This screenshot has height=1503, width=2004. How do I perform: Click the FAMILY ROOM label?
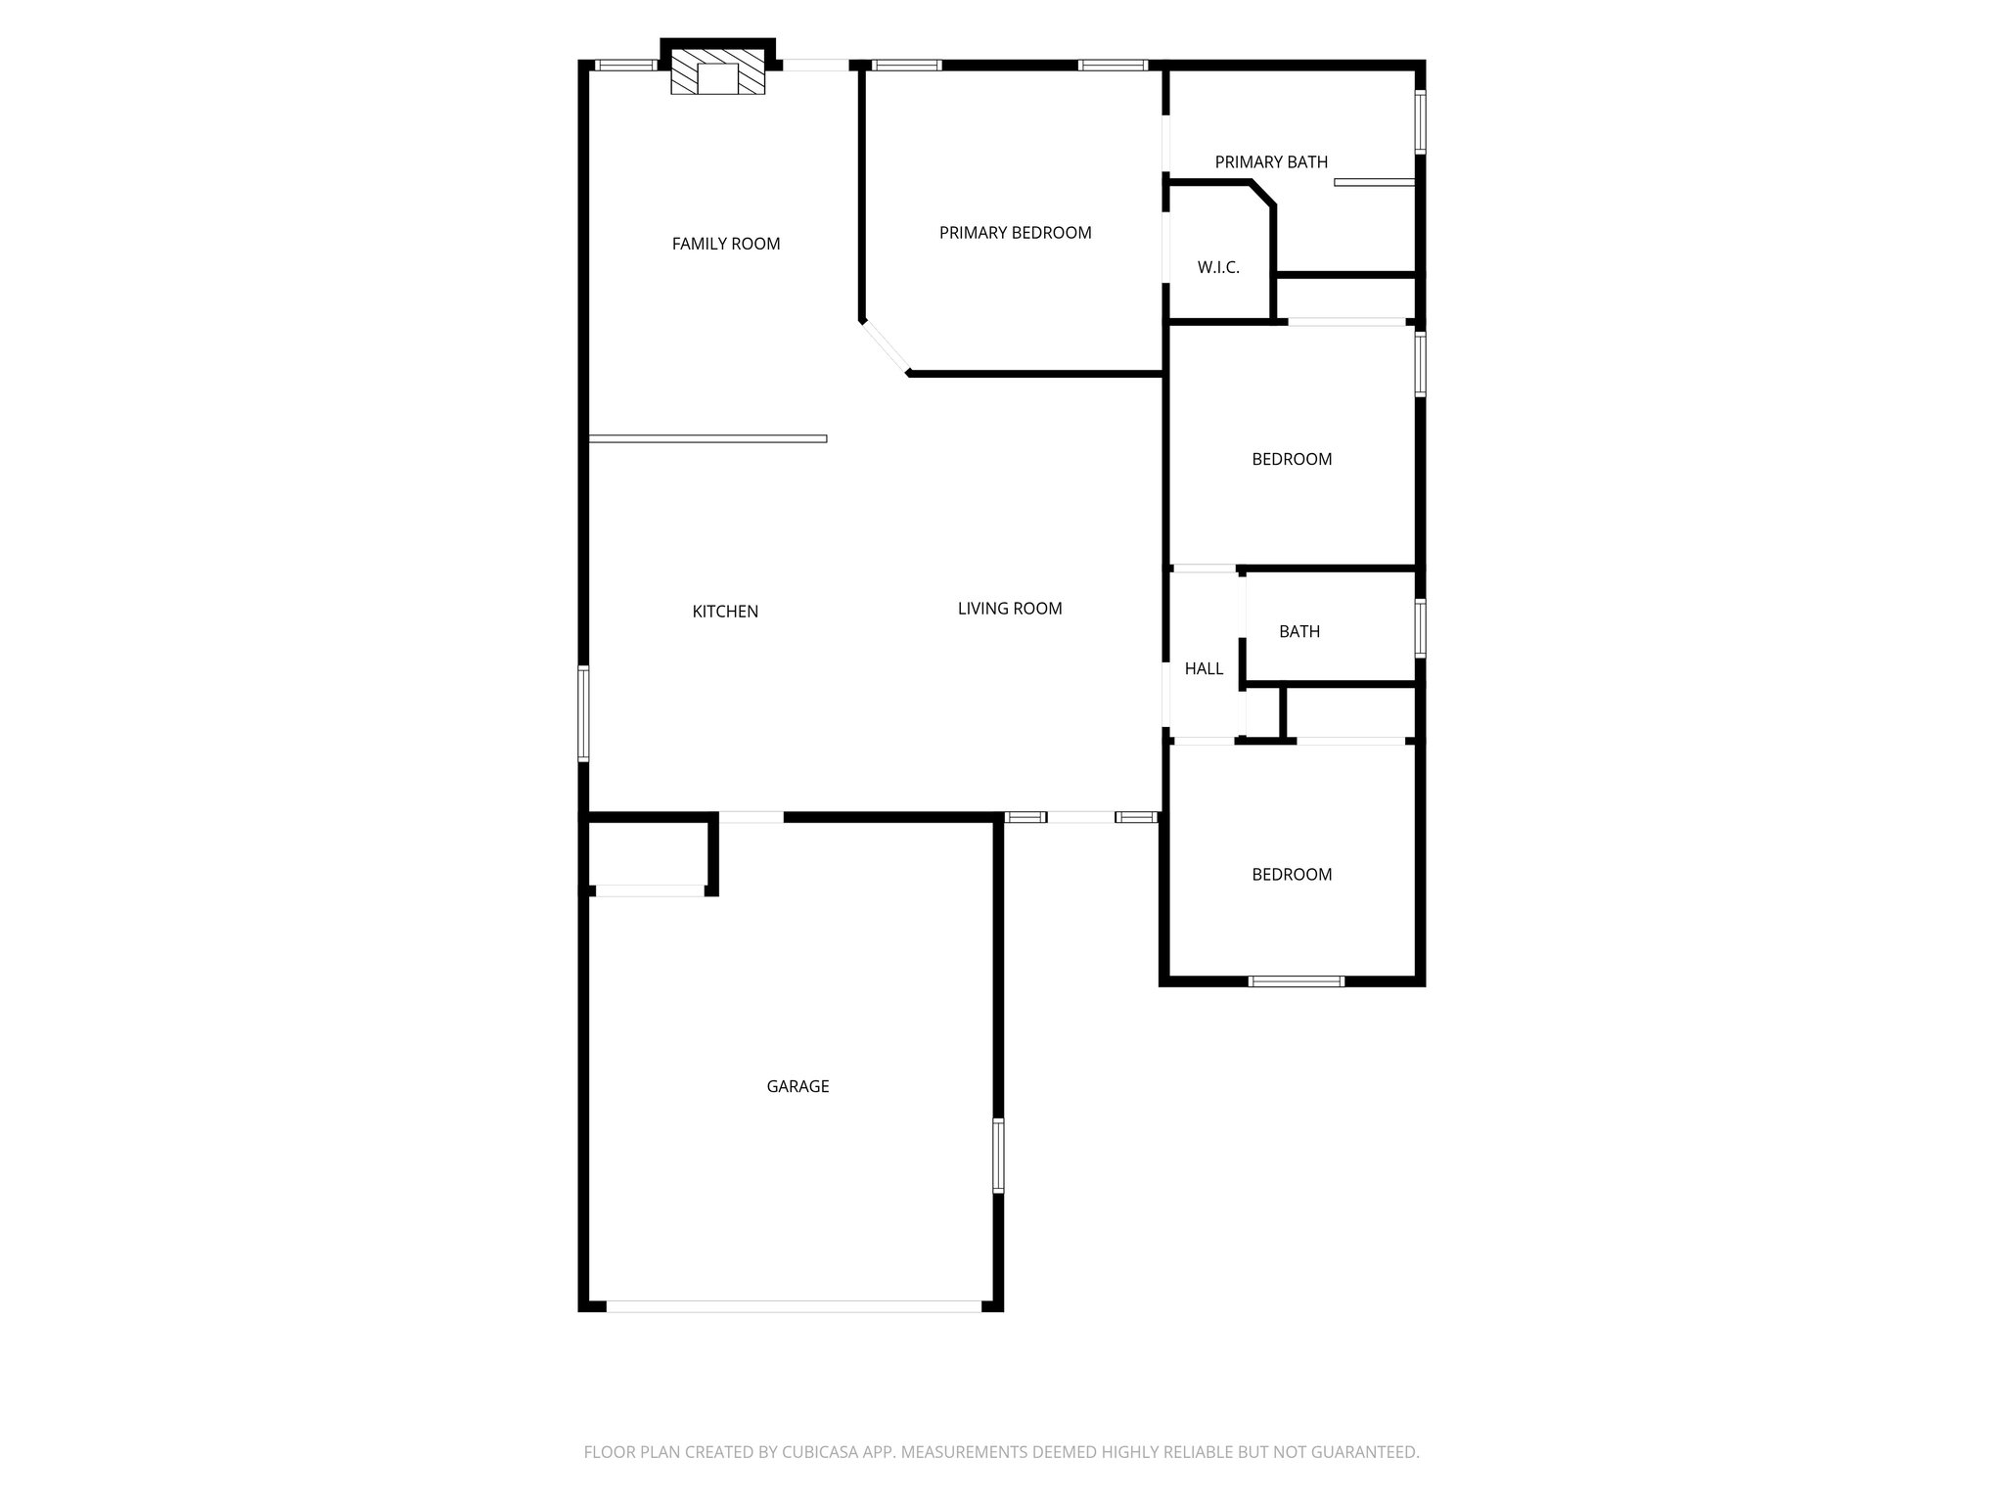(x=726, y=244)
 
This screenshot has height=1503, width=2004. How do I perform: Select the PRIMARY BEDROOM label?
(x=1015, y=233)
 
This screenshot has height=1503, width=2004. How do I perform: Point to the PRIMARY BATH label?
(x=1271, y=162)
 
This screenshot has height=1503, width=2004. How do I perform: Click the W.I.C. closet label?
(x=1218, y=267)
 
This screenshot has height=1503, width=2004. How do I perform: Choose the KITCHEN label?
(x=725, y=612)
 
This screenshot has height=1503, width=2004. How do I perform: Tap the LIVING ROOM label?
(x=1010, y=609)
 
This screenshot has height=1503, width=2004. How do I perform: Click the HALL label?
(x=1204, y=669)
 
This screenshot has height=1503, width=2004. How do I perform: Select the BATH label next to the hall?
(x=1299, y=632)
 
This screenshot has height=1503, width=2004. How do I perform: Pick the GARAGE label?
(x=797, y=1086)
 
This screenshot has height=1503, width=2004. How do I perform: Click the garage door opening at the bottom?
(x=794, y=1305)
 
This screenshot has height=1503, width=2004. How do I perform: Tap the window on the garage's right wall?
(x=998, y=1156)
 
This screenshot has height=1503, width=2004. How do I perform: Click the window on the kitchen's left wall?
(x=583, y=713)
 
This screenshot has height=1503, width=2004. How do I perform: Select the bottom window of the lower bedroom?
(x=1297, y=980)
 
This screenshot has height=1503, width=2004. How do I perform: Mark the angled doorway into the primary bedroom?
(x=885, y=347)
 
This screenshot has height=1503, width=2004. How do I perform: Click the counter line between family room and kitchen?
(x=707, y=438)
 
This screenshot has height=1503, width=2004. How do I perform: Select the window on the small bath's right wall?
(x=1420, y=627)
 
